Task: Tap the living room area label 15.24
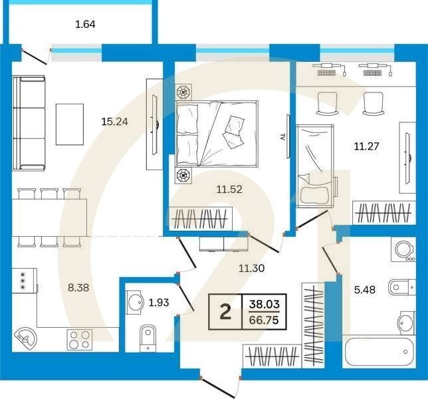point(114,122)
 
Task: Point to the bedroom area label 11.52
point(229,189)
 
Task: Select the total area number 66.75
point(263,320)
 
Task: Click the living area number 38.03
point(263,305)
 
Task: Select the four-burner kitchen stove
point(81,338)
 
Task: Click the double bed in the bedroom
point(216,132)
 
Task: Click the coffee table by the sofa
point(70,124)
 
